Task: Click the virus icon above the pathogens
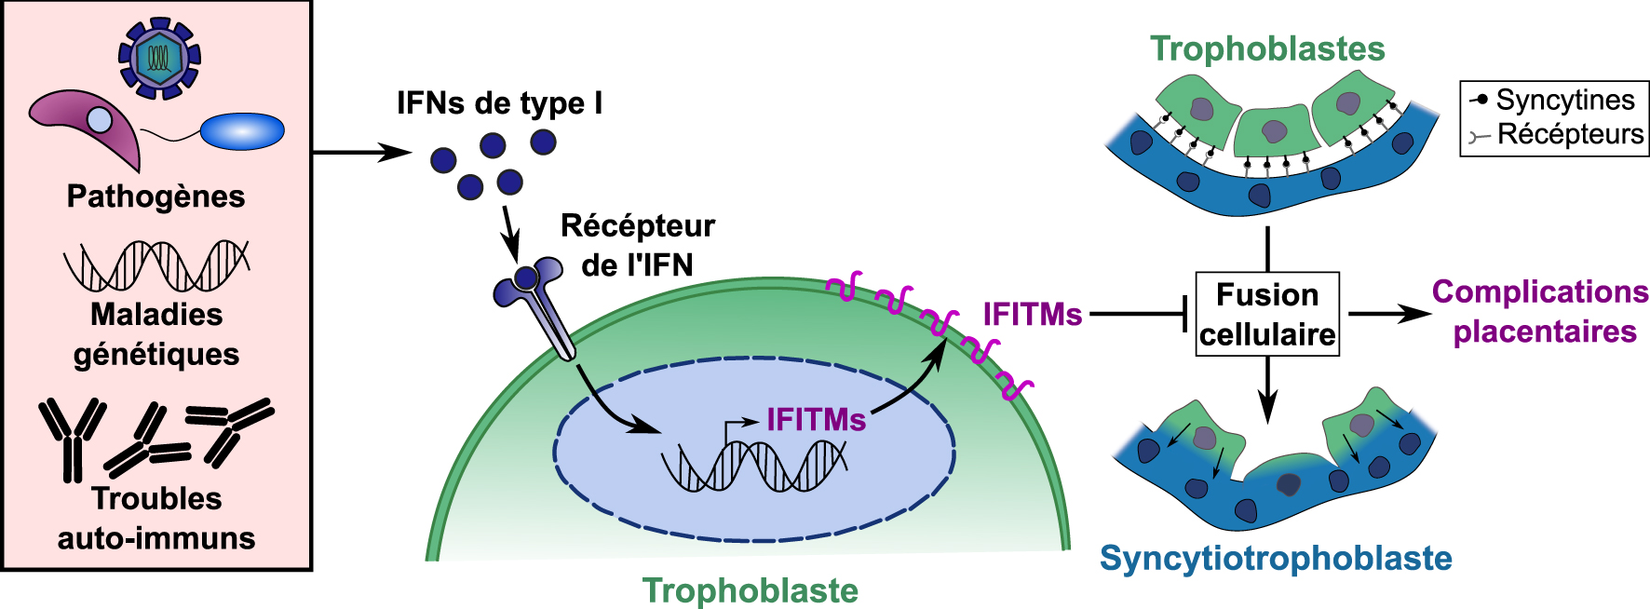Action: pyautogui.click(x=159, y=58)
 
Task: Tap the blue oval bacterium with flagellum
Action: pyautogui.click(x=242, y=131)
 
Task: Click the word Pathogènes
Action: pyautogui.click(x=156, y=196)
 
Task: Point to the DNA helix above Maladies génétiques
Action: pyautogui.click(x=156, y=265)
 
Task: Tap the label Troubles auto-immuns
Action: pyautogui.click(x=156, y=518)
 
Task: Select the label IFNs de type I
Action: pyautogui.click(x=499, y=102)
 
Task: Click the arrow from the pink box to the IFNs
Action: pyautogui.click(x=361, y=152)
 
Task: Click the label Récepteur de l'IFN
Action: pyautogui.click(x=638, y=245)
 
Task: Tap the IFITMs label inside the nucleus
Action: pyautogui.click(x=816, y=420)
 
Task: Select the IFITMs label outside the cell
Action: pyautogui.click(x=1033, y=315)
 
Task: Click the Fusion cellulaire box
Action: pyautogui.click(x=1267, y=314)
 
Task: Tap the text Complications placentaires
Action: pyautogui.click(x=1541, y=311)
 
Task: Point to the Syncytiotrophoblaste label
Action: pyautogui.click(x=1276, y=558)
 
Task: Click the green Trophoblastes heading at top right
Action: pyautogui.click(x=1267, y=48)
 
